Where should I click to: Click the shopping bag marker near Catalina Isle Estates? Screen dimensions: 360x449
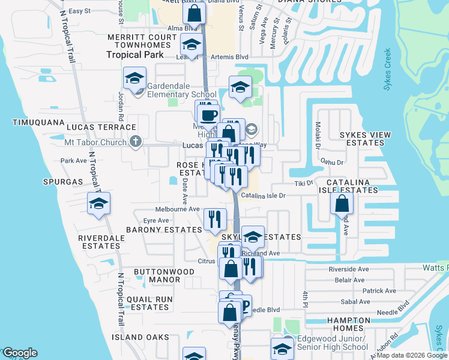click(x=342, y=203)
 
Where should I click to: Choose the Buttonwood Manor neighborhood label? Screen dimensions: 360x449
click(x=157, y=275)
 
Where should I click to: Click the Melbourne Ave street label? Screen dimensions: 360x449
click(x=177, y=209)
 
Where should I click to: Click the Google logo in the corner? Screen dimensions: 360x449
click(x=20, y=353)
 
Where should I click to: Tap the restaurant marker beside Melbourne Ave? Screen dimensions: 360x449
click(x=215, y=219)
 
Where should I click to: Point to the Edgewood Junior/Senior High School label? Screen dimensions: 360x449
click(x=333, y=343)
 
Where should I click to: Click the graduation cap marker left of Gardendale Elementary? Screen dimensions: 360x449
click(x=135, y=78)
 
